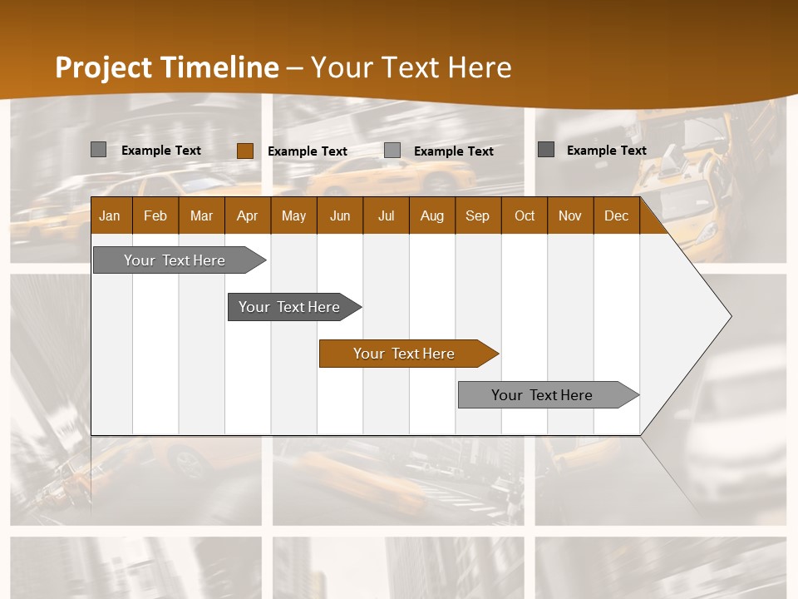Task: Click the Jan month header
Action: point(110,215)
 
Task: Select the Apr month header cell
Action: point(247,215)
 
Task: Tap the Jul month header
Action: point(386,215)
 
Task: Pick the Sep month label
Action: point(477,215)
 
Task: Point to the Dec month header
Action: point(616,215)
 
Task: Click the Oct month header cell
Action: point(525,215)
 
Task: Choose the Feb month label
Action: point(155,215)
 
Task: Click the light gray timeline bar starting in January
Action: point(175,260)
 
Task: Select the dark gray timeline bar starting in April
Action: point(289,307)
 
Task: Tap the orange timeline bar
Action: point(404,354)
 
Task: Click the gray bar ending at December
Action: point(542,395)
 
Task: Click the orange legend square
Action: point(244,151)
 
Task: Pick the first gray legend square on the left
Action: point(98,150)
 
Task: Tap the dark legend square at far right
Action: point(545,150)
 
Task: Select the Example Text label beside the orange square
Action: point(308,151)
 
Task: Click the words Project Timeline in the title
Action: point(166,67)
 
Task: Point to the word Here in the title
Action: point(480,67)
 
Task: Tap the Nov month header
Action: point(570,215)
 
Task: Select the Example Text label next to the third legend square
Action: point(454,151)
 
